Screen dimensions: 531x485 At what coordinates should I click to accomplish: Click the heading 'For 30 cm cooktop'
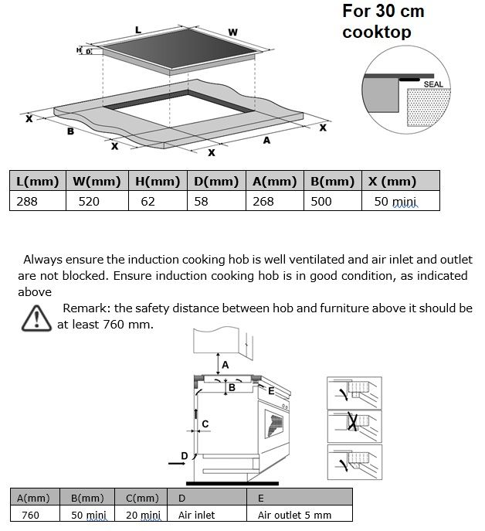pyautogui.click(x=383, y=22)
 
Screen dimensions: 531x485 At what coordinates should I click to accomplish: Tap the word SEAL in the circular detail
pyautogui.click(x=432, y=84)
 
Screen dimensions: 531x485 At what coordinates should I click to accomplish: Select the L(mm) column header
pyautogui.click(x=37, y=182)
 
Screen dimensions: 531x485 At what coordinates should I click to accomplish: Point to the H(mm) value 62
pyautogui.click(x=148, y=201)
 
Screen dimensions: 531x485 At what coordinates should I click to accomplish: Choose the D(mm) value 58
pyautogui.click(x=202, y=201)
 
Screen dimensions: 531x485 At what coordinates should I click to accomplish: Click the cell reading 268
pyautogui.click(x=263, y=201)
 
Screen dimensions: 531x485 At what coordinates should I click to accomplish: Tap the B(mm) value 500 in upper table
pyautogui.click(x=321, y=201)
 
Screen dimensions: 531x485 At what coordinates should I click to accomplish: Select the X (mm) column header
pyautogui.click(x=392, y=182)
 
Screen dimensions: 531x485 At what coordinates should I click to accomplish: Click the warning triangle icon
pyautogui.click(x=36, y=318)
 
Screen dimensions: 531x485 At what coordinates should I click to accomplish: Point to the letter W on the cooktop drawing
pyautogui.click(x=233, y=32)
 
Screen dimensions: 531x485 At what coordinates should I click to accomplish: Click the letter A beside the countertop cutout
pyautogui.click(x=266, y=141)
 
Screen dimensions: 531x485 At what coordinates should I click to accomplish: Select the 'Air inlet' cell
pyautogui.click(x=196, y=514)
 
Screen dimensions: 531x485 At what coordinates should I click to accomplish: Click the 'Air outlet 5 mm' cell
pyautogui.click(x=294, y=514)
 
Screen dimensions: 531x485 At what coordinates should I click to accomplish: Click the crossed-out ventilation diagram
pyautogui.click(x=354, y=423)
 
